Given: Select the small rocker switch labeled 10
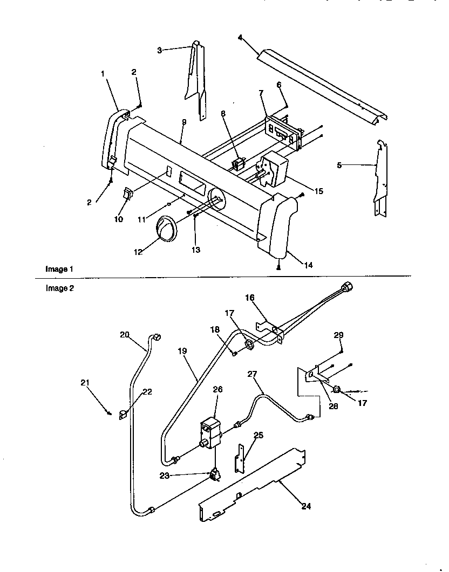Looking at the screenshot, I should coord(128,194).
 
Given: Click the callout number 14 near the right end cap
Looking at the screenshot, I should coord(308,265).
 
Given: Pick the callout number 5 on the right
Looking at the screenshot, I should coord(339,166).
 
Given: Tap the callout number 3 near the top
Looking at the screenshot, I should coord(160,50).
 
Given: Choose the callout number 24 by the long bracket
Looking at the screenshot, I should coord(306,506).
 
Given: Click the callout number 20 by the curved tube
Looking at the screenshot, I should coord(125,334).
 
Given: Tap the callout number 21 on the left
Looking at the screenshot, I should coord(85,383).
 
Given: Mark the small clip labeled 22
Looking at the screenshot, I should coord(123,414).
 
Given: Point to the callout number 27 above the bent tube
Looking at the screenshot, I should coord(253,373).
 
